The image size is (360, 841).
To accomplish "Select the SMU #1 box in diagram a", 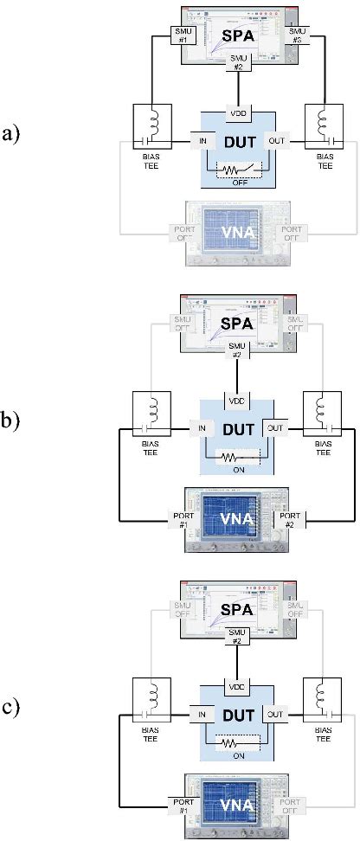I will click(186, 35).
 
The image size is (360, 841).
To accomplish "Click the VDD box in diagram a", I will click(238, 114).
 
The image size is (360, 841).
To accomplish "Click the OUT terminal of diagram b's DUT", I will click(275, 427).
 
